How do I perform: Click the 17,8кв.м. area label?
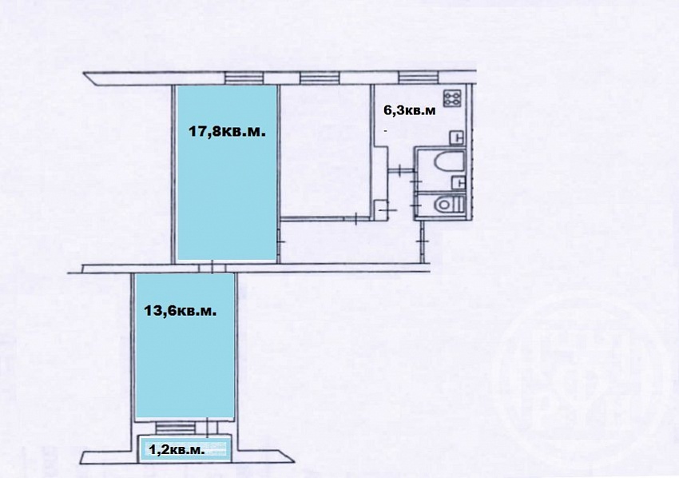pyautogui.click(x=227, y=131)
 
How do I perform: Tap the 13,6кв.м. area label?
pyautogui.click(x=181, y=311)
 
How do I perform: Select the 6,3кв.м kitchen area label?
pyautogui.click(x=410, y=110)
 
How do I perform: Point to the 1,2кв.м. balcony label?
pyautogui.click(x=177, y=450)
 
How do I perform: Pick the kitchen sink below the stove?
pyautogui.click(x=457, y=137)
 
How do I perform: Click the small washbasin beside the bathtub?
pyautogui.click(x=459, y=183)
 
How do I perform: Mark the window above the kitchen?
pyautogui.click(x=419, y=78)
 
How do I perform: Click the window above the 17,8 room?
pyautogui.click(x=244, y=78)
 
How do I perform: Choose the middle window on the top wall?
pyautogui.click(x=320, y=78)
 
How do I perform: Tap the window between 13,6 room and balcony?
pyautogui.click(x=176, y=428)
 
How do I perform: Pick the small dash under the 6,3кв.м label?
pyautogui.click(x=385, y=129)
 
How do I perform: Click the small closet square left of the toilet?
pyautogui.click(x=380, y=207)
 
